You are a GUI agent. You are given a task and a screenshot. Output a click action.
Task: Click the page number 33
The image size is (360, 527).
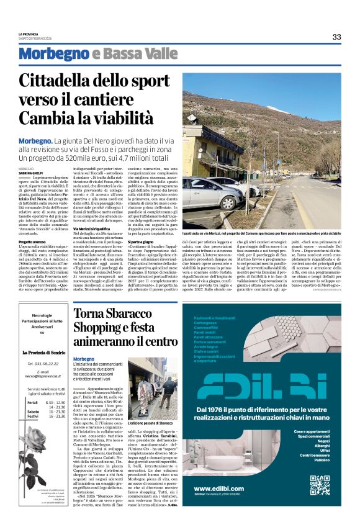tap(336, 37)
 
